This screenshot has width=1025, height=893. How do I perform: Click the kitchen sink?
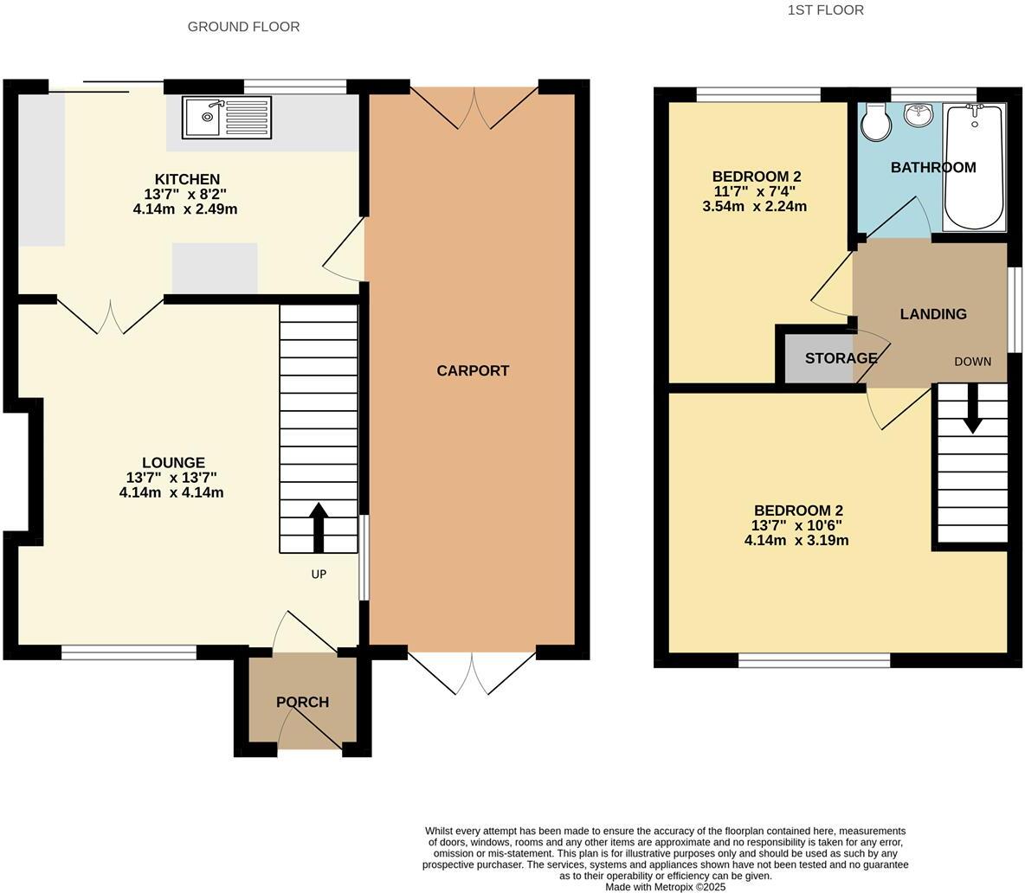(x=227, y=118)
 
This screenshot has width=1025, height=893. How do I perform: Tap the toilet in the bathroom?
(x=875, y=121)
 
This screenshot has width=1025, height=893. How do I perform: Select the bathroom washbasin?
(x=919, y=114)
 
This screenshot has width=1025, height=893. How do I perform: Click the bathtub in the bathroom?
(x=975, y=167)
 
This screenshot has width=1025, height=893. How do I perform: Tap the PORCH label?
(x=302, y=703)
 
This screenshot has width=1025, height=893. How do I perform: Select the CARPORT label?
(x=473, y=371)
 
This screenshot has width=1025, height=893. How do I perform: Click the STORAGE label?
(x=841, y=358)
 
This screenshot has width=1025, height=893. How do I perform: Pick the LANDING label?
(x=933, y=314)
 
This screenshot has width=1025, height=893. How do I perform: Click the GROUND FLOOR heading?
(x=244, y=27)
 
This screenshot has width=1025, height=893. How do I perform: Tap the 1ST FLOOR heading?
(x=826, y=10)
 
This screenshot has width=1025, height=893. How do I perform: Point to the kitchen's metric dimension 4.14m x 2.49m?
(x=185, y=209)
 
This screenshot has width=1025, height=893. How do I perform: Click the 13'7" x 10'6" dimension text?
(x=796, y=526)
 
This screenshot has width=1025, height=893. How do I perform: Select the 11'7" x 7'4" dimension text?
(x=754, y=192)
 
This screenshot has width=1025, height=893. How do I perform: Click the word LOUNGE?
(x=174, y=462)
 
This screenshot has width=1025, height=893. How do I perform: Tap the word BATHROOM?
(x=933, y=168)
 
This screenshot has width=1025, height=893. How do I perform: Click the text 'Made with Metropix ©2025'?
(x=666, y=887)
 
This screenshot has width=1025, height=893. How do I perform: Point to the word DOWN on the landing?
(x=973, y=362)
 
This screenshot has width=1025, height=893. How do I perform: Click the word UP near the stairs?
(x=319, y=575)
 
